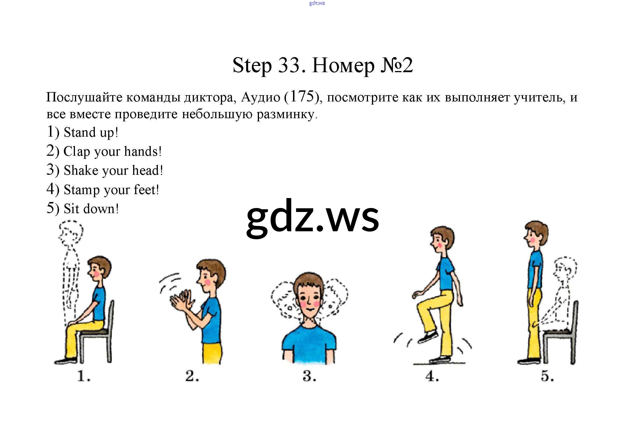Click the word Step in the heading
252,66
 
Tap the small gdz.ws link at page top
317,3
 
